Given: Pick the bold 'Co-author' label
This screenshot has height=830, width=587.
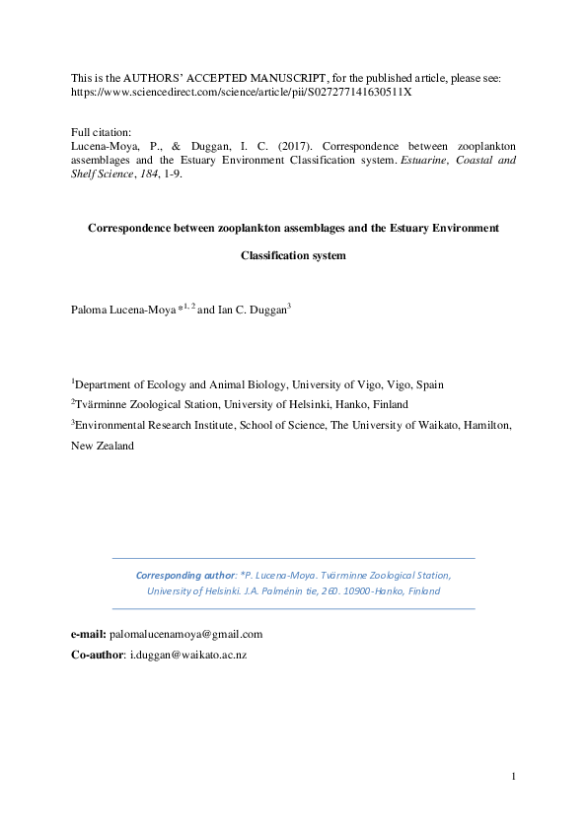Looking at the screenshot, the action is coord(98,656).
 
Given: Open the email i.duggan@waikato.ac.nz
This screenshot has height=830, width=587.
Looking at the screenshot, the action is coord(187,656).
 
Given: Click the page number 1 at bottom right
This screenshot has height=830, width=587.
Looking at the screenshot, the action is coord(514,779).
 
